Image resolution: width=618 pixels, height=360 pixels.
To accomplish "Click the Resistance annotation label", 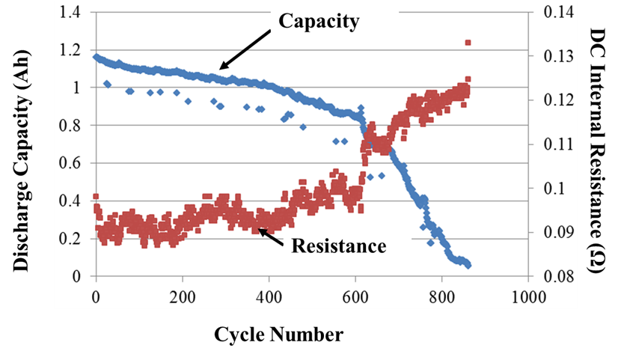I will [x=338, y=245].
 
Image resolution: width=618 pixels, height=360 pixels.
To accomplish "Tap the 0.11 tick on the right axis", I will [x=552, y=144].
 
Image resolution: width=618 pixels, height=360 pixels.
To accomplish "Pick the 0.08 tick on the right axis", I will [x=552, y=277].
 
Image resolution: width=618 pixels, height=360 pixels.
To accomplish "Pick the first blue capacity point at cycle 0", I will [x=96, y=57].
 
